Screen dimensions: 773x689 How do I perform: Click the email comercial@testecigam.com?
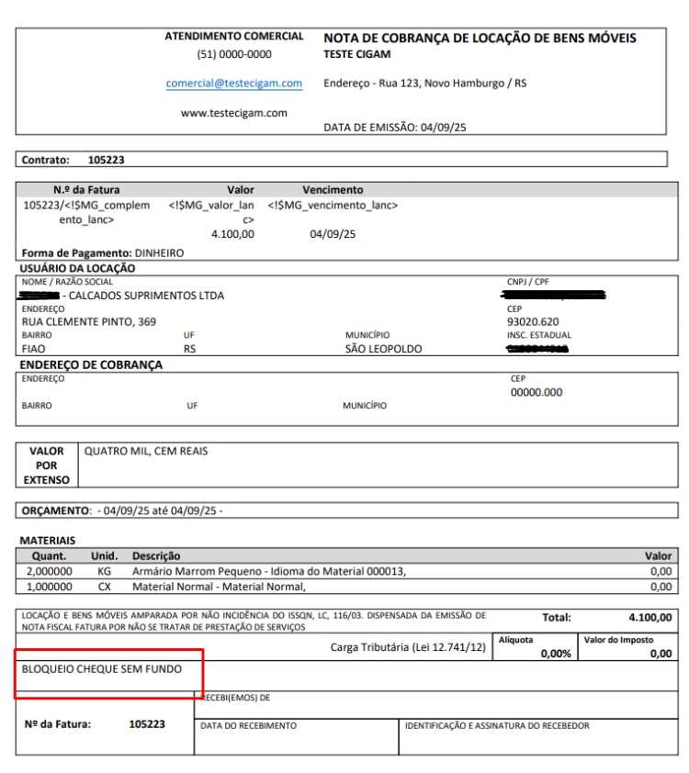(x=234, y=84)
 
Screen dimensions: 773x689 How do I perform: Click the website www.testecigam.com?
(x=234, y=113)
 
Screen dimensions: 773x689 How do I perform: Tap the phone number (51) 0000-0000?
(x=234, y=54)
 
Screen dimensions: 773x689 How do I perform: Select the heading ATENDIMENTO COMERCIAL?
(x=234, y=37)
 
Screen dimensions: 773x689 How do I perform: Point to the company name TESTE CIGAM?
(x=357, y=54)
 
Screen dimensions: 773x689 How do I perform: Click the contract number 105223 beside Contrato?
(x=106, y=160)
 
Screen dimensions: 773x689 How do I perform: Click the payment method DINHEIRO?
(x=159, y=252)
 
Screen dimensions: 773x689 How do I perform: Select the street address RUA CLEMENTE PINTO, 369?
(x=89, y=322)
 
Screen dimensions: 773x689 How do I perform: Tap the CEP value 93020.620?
(x=533, y=322)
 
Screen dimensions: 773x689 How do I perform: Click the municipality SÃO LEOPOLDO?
(x=383, y=349)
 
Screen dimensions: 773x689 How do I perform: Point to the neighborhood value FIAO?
(x=34, y=349)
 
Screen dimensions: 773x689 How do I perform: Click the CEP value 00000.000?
(x=537, y=392)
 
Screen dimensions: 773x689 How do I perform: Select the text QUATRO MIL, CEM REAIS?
(x=147, y=452)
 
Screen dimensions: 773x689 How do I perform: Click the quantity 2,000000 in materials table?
(x=49, y=571)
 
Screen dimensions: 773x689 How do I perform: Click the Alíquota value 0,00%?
(x=555, y=654)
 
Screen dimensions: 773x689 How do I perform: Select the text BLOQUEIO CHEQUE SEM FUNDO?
(x=102, y=669)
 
